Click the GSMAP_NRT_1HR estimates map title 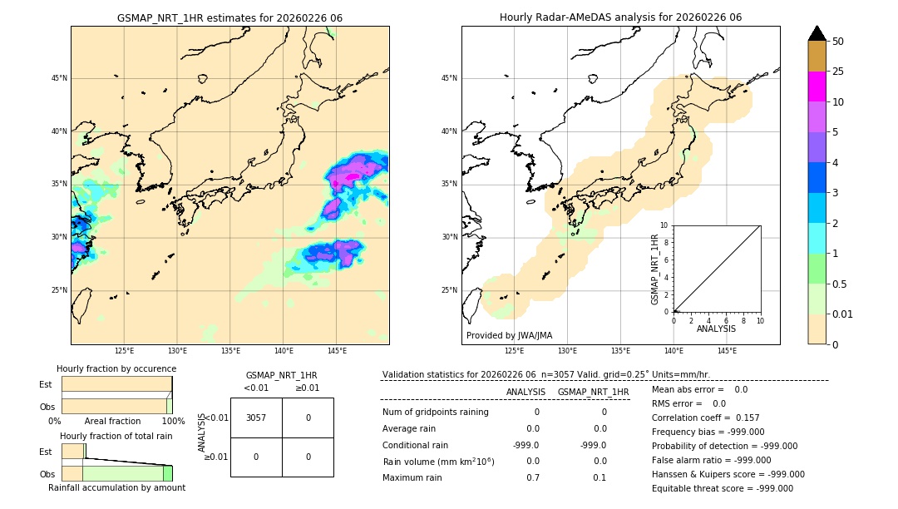[229, 17]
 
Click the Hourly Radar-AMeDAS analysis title [620, 17]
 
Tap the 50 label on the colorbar [838, 42]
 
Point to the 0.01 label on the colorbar [842, 314]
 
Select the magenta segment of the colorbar [817, 86]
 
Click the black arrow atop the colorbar [817, 33]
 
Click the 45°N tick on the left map [58, 78]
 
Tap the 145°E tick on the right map [727, 351]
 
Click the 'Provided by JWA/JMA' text [509, 335]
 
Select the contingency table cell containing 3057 [256, 418]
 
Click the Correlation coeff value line [705, 418]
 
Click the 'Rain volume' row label [438, 462]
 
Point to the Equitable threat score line [722, 488]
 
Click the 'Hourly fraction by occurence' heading [116, 368]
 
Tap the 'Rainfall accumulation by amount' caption [116, 487]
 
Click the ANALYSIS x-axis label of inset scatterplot [716, 329]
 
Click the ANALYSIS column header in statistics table [525, 392]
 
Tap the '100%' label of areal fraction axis [173, 422]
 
